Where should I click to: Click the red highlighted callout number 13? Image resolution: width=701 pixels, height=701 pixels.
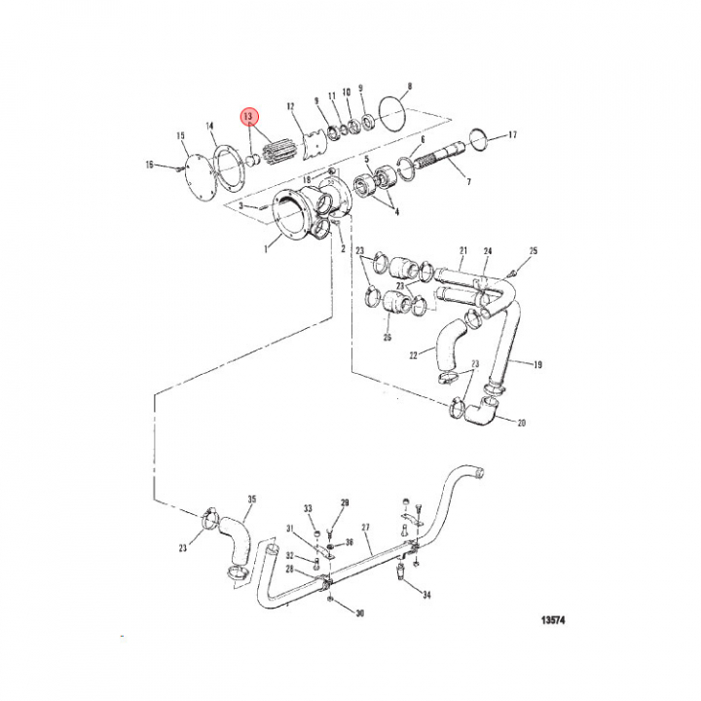[x=248, y=117]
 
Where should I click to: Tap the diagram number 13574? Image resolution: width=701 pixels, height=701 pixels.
[x=553, y=620]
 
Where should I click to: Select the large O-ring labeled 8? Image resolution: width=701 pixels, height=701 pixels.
[x=393, y=114]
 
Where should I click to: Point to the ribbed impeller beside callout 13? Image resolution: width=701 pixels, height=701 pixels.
[x=278, y=151]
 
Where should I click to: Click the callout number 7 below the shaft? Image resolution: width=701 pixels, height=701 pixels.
[x=468, y=181]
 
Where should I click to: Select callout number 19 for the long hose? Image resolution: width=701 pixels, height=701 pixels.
[x=537, y=364]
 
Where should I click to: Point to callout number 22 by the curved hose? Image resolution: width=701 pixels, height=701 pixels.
[x=414, y=355]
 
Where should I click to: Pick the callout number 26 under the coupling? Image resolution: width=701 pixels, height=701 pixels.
[x=387, y=337]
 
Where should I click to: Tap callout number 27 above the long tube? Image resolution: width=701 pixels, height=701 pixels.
[x=366, y=528]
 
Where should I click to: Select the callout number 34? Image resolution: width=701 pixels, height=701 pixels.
[x=426, y=595]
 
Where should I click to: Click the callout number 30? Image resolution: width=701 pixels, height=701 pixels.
[x=360, y=613]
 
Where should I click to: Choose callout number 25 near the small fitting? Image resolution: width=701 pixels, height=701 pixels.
[x=534, y=251]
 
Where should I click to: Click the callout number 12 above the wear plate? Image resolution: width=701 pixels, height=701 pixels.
[x=290, y=106]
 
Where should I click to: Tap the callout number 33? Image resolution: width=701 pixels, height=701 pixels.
[x=308, y=508]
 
